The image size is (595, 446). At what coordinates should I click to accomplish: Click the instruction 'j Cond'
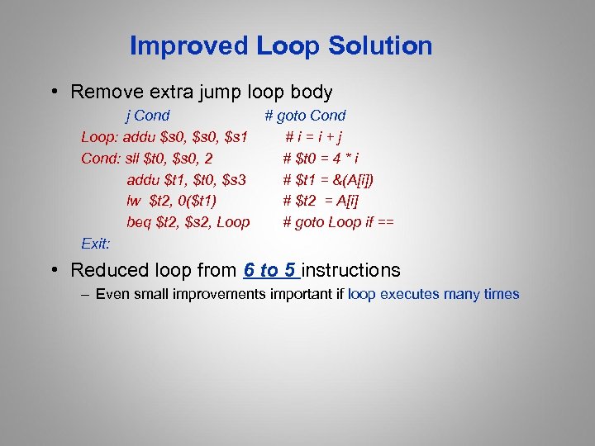coord(147,116)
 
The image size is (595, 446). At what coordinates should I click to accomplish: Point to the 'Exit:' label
coord(96,243)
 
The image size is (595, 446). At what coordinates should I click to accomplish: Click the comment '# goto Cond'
coord(305,116)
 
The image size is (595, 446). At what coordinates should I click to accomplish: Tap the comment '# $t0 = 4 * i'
coord(321,158)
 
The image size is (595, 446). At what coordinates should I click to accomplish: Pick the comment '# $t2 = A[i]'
coord(321,201)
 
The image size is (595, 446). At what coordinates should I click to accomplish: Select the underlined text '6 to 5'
coord(271,270)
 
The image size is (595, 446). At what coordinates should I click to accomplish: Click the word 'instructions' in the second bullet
coord(351,270)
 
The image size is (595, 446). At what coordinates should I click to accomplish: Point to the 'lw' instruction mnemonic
coord(135,201)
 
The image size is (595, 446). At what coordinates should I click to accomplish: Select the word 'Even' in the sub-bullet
coord(112,294)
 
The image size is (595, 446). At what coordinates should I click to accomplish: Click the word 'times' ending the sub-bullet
coord(502,294)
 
